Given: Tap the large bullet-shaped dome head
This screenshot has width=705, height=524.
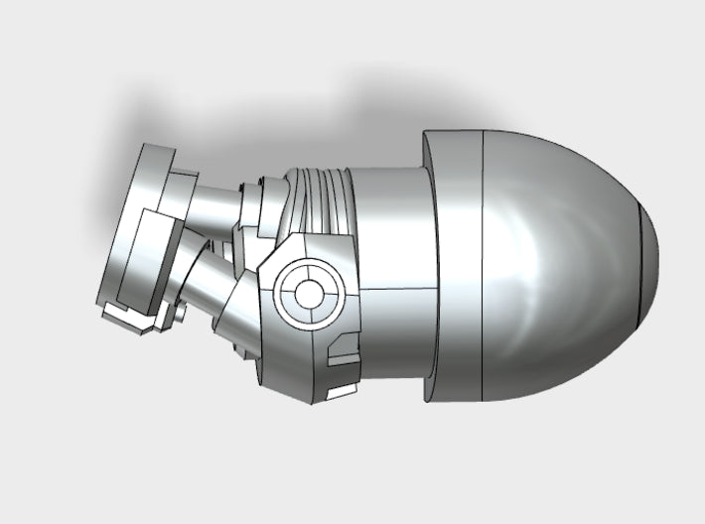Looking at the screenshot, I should point(566,268).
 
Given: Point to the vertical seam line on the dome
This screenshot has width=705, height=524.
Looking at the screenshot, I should point(483,268).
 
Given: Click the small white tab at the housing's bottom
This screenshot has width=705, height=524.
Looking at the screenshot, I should point(340,392).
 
